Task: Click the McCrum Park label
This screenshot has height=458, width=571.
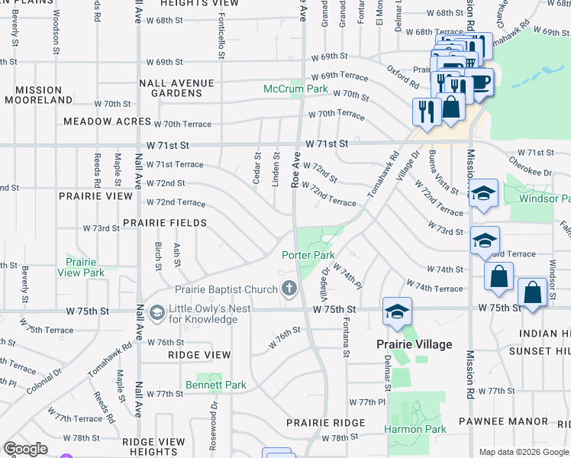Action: point(295,89)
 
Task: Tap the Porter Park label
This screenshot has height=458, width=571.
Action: point(308,255)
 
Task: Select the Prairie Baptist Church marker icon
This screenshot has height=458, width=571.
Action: point(289,289)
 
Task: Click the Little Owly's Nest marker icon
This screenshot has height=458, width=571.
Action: point(157,313)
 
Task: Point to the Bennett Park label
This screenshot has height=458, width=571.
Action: point(215,385)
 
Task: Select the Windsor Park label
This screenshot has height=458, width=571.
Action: point(544,198)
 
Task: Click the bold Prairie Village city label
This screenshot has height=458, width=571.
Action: point(414,344)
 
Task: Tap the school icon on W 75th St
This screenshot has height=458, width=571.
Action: point(397,311)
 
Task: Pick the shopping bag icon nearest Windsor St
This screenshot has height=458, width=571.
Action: point(532,293)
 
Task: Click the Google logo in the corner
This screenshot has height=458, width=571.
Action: point(25,449)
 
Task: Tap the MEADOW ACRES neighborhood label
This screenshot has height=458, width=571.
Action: point(105,121)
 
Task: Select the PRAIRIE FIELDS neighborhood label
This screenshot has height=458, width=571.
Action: point(165,223)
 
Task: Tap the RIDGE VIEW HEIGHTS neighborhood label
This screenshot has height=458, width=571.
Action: point(153,447)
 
